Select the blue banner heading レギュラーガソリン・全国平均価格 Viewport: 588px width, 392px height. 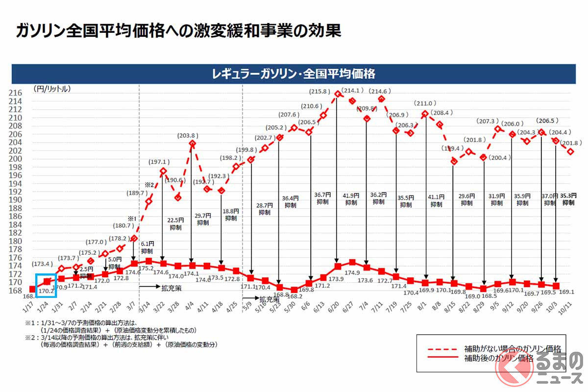[294, 74]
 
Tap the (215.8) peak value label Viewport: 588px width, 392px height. [323, 92]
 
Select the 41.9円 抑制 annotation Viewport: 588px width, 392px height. [351, 198]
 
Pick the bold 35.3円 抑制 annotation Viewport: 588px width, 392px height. [569, 198]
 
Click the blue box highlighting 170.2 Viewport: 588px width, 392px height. [47, 285]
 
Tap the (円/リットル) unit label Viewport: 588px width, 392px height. [52, 89]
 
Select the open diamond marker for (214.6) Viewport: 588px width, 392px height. [381, 99]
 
